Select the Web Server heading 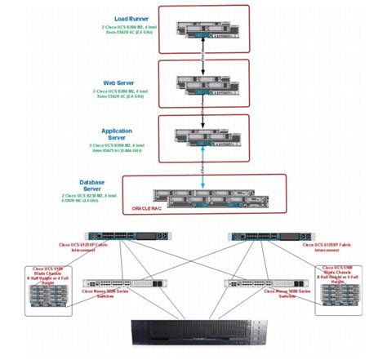tap(119, 82)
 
